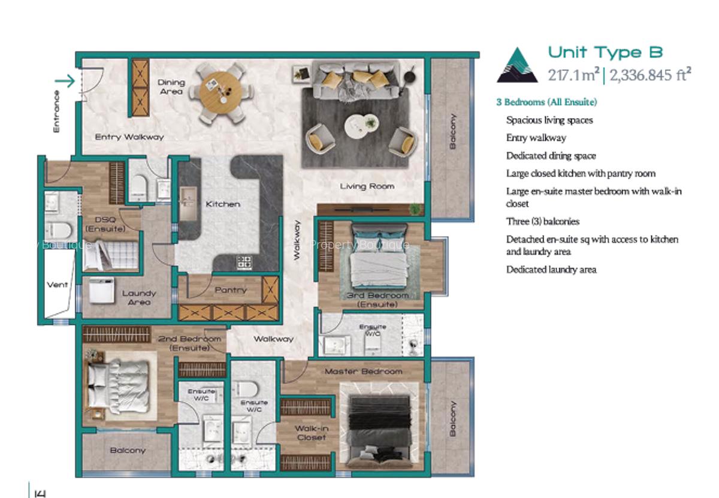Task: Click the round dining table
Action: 220,96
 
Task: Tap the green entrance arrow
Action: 65,81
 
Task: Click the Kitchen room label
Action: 223,204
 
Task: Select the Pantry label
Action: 231,290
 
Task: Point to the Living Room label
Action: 367,186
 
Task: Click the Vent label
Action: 58,285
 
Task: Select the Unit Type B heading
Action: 605,53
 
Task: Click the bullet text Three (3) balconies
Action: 542,222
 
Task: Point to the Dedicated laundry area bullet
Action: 551,270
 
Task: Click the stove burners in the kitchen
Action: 244,262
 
